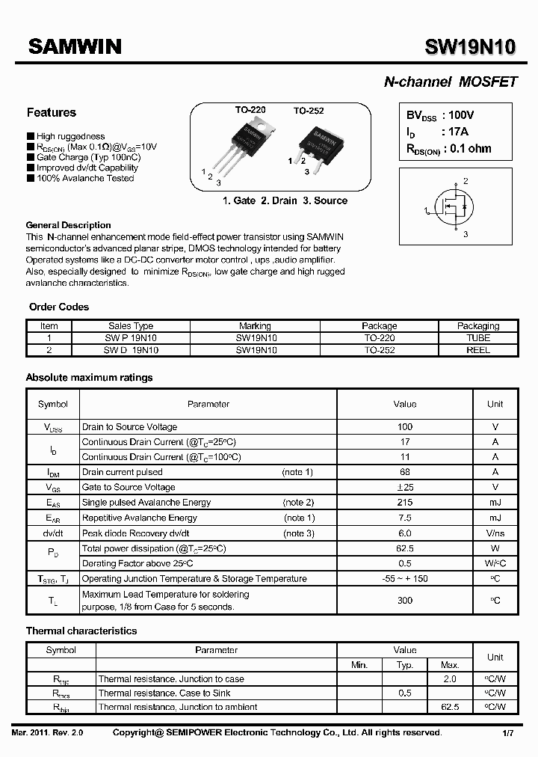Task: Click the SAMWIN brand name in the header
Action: point(75,46)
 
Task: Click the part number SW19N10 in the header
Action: point(470,47)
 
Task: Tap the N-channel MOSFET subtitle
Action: point(450,82)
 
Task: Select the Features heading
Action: point(52,113)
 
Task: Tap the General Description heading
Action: point(68,225)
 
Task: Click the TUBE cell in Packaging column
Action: point(478,338)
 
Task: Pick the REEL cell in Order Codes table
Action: point(478,349)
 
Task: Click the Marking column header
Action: point(255,326)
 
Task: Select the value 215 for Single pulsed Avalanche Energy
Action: point(404,503)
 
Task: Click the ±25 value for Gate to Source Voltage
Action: point(404,487)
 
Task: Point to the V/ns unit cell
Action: point(495,533)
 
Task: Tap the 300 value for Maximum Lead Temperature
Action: point(404,601)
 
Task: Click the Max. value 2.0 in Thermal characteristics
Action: point(450,679)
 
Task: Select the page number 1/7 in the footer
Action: point(507,733)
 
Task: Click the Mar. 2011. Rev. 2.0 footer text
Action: point(48,733)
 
